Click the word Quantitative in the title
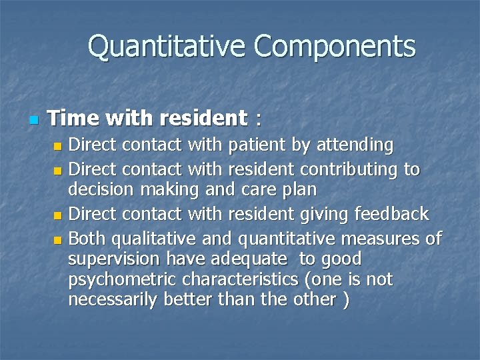point(167,47)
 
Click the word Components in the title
point(334,47)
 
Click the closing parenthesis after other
point(345,300)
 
